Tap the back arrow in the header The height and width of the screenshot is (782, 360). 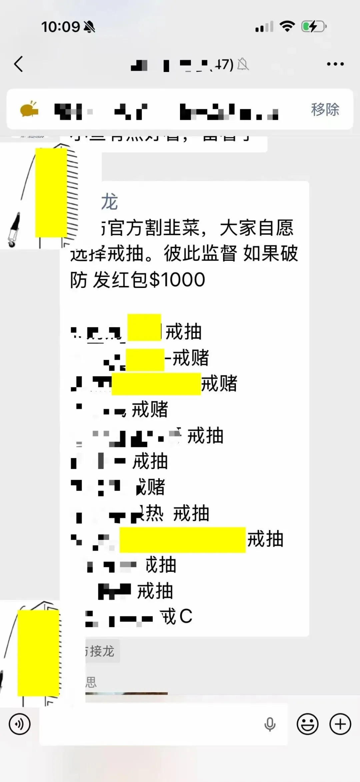(x=19, y=64)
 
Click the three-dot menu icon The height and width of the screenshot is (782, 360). (x=335, y=64)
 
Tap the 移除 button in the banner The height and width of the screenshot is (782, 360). (x=325, y=109)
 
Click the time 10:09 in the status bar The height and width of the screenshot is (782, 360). (x=60, y=27)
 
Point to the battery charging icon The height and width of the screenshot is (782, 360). (x=313, y=27)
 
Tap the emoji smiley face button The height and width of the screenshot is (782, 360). (x=307, y=724)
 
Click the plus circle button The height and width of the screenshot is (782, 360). (x=340, y=724)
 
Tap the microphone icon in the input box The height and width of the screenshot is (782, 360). (x=270, y=724)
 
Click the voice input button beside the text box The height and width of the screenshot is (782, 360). (x=20, y=724)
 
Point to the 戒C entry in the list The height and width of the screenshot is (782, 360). (x=177, y=616)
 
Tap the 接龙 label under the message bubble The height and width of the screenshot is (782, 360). (x=101, y=651)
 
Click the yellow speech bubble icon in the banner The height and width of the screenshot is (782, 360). (x=29, y=109)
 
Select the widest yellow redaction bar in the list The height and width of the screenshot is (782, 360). (x=182, y=540)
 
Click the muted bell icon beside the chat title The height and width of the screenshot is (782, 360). (x=243, y=64)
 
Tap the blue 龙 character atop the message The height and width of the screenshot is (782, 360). (x=110, y=202)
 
